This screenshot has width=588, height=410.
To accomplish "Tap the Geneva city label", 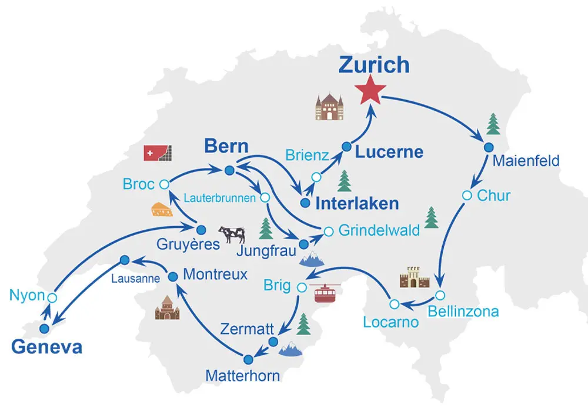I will tap(47, 347).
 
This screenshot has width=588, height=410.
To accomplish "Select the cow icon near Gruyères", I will tap(231, 234).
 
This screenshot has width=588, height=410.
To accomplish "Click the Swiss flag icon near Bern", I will tap(158, 153).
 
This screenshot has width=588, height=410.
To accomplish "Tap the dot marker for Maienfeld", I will tap(487, 147).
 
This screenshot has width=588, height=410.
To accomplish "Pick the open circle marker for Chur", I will tap(467, 195).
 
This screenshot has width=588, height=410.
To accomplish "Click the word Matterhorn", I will tap(243, 375).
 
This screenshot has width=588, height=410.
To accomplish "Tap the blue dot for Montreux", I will tap(173, 276).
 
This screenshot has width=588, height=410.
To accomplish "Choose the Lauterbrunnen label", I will tap(220, 199).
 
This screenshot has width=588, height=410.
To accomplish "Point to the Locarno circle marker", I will tap(394, 304).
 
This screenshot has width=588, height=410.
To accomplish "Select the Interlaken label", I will tap(358, 204).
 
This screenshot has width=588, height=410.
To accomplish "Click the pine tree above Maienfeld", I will tap(493, 124).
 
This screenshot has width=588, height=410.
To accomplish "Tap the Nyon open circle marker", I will tap(52, 297).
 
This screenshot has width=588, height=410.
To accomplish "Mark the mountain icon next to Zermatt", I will tap(290, 349).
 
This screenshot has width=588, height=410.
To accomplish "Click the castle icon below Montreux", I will tap(167, 307).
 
